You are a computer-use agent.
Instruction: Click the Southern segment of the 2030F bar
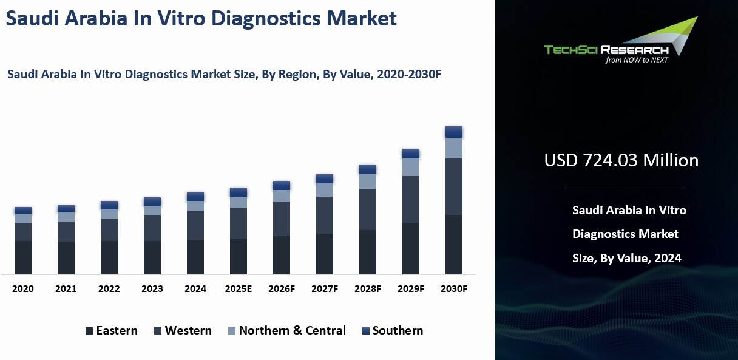coord(454,132)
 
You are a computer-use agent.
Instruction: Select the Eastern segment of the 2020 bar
coord(23,257)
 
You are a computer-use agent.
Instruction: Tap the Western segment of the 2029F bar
coord(411,200)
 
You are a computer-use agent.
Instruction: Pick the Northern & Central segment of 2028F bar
coord(368,181)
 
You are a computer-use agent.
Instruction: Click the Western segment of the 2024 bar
coord(195,225)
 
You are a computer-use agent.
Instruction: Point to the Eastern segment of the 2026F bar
coord(282,255)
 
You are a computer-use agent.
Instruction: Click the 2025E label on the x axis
coord(239,289)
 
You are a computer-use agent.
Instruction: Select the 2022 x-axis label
coord(109,289)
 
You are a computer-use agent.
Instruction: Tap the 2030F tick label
coord(454,289)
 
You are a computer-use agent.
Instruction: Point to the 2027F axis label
coord(325,289)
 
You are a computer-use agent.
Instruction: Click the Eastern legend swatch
coord(90,331)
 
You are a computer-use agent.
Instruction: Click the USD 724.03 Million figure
coord(621,160)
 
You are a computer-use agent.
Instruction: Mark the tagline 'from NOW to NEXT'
coord(637,60)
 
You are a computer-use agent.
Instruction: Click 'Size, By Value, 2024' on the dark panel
coord(626,258)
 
